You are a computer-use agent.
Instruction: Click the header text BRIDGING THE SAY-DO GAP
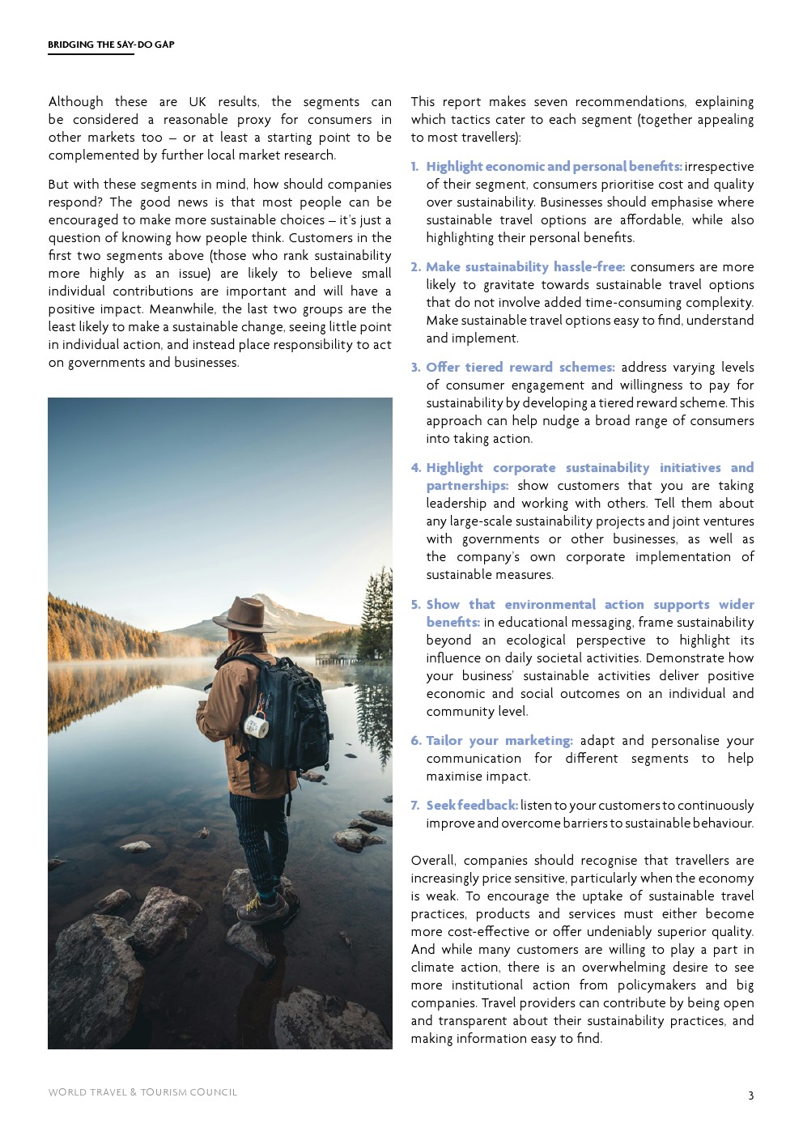click(x=111, y=45)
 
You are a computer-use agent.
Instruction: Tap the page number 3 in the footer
click(x=750, y=1096)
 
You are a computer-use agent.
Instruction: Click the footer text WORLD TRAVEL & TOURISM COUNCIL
click(x=142, y=1092)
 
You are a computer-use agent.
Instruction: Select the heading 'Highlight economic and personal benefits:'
click(x=554, y=167)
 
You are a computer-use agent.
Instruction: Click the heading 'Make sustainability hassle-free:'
click(x=525, y=267)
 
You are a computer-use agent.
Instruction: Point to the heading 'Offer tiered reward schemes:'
click(x=520, y=368)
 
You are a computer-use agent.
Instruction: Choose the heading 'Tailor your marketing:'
click(x=499, y=741)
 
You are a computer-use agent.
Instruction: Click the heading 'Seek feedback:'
click(x=472, y=806)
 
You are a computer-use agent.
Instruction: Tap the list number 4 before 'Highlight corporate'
click(x=415, y=468)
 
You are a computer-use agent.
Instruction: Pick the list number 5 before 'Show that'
click(x=415, y=605)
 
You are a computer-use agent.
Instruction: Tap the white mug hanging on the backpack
click(x=257, y=725)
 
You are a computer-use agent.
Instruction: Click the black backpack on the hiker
click(x=287, y=713)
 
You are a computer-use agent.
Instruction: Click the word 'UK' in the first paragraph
click(x=198, y=102)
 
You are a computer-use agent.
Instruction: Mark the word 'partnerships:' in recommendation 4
click(x=467, y=486)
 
